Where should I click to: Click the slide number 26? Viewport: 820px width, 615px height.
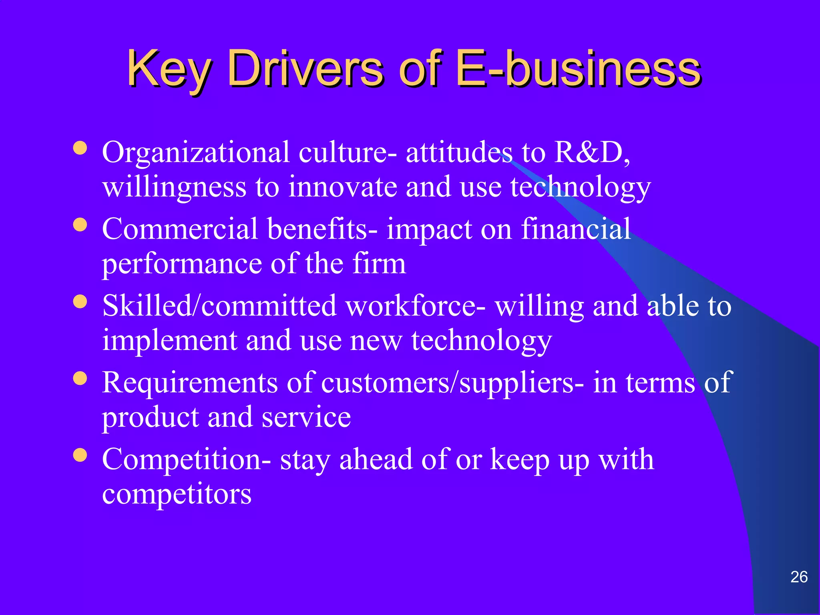[x=799, y=577]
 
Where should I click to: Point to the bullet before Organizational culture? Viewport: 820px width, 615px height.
[x=80, y=148]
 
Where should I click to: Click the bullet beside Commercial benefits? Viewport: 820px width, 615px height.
[x=80, y=225]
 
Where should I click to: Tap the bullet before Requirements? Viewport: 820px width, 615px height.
[x=80, y=378]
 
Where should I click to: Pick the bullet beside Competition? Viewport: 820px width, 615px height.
[x=80, y=455]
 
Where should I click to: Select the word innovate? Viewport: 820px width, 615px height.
[x=342, y=187]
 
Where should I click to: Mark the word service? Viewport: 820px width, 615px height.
[x=306, y=417]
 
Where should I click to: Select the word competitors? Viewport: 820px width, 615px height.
[x=177, y=494]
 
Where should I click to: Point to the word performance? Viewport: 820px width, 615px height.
[x=182, y=264]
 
